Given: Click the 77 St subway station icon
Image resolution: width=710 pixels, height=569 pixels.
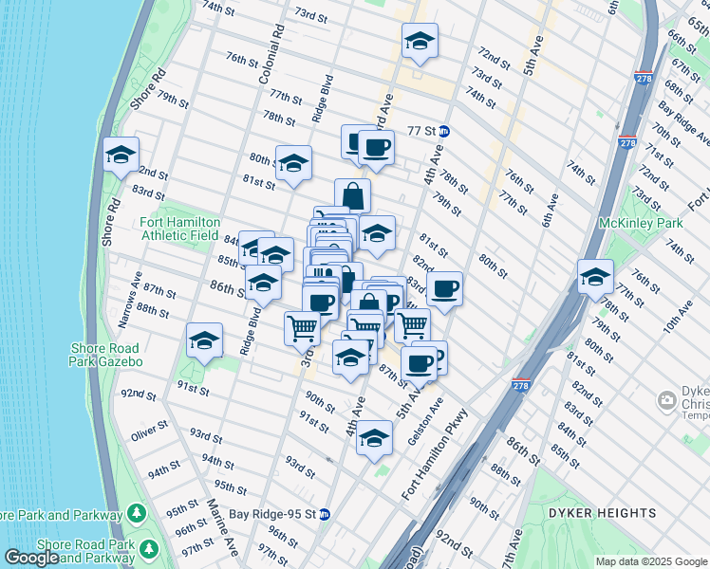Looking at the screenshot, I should pyautogui.click(x=444, y=132).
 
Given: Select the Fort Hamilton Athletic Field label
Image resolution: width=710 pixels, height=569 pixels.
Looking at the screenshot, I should pyautogui.click(x=179, y=229).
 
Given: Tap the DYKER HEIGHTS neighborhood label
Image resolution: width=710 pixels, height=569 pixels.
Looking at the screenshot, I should pyautogui.click(x=602, y=513).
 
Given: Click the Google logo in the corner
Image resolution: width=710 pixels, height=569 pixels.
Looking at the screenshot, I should pyautogui.click(x=31, y=558).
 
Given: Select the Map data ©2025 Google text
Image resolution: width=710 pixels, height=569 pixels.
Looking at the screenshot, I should pyautogui.click(x=650, y=561).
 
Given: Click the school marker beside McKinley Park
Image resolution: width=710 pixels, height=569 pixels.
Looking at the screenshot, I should pyautogui.click(x=595, y=277).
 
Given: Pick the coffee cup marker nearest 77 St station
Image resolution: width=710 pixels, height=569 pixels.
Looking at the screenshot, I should pyautogui.click(x=376, y=148).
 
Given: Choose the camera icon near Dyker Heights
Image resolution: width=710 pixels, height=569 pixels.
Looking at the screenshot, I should pyautogui.click(x=668, y=402).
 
